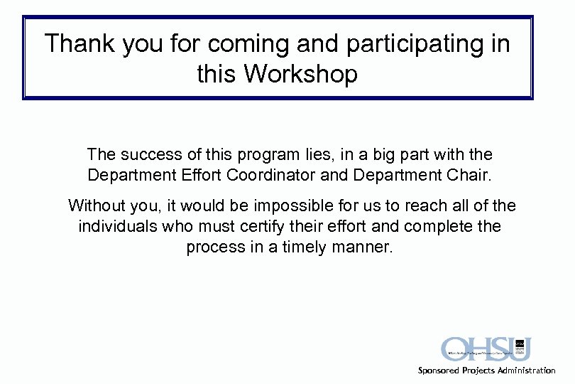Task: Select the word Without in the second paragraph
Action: coord(97,206)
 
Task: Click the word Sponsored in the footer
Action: coord(439,370)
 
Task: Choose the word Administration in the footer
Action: coord(527,370)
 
